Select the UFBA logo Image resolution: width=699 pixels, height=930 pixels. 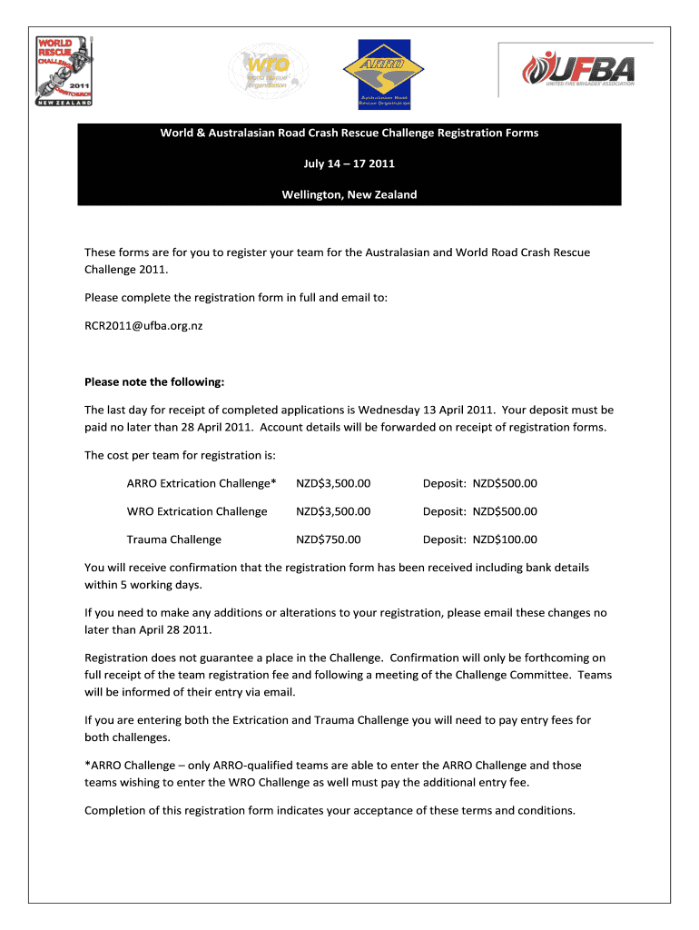pos(577,69)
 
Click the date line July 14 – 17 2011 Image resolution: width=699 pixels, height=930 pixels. pos(349,163)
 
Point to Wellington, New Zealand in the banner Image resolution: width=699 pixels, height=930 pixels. pos(349,194)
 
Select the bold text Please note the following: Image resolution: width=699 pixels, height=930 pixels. pos(153,381)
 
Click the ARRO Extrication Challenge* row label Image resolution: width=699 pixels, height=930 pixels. pos(202,483)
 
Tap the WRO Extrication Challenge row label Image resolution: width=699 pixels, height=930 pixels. pos(197,511)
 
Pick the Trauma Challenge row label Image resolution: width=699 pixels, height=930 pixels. pos(173,539)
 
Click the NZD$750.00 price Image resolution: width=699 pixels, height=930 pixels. pos(329,539)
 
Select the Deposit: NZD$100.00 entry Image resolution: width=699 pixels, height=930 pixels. pos(479,539)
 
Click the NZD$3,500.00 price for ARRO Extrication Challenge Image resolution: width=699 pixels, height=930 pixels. pos(333,483)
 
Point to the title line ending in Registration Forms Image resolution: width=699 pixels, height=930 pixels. pos(349,133)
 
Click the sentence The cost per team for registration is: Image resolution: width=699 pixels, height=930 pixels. pos(180,455)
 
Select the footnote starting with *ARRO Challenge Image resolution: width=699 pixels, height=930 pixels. pos(333,774)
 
